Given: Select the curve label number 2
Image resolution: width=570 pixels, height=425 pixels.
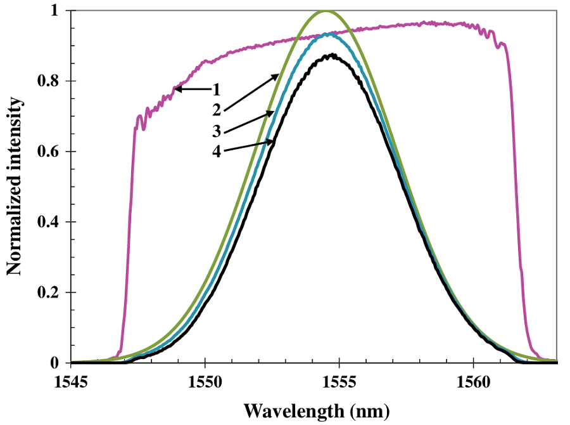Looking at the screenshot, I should (x=216, y=110).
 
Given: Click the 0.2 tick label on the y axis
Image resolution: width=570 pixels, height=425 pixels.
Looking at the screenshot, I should (x=50, y=292).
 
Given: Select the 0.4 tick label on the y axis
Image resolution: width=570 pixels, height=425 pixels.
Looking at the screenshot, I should (x=50, y=222).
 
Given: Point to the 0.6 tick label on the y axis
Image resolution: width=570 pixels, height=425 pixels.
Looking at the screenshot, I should (x=50, y=152).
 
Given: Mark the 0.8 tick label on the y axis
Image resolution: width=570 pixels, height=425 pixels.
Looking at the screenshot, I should (x=50, y=81).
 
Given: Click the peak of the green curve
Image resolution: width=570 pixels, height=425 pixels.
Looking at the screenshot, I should (x=326, y=11).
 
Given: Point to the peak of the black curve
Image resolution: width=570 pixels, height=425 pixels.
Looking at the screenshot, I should (x=329, y=55).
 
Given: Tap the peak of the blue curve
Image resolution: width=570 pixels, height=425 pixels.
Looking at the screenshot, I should (x=328, y=34).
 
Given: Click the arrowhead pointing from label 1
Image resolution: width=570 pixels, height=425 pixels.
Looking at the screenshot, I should (x=178, y=89).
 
